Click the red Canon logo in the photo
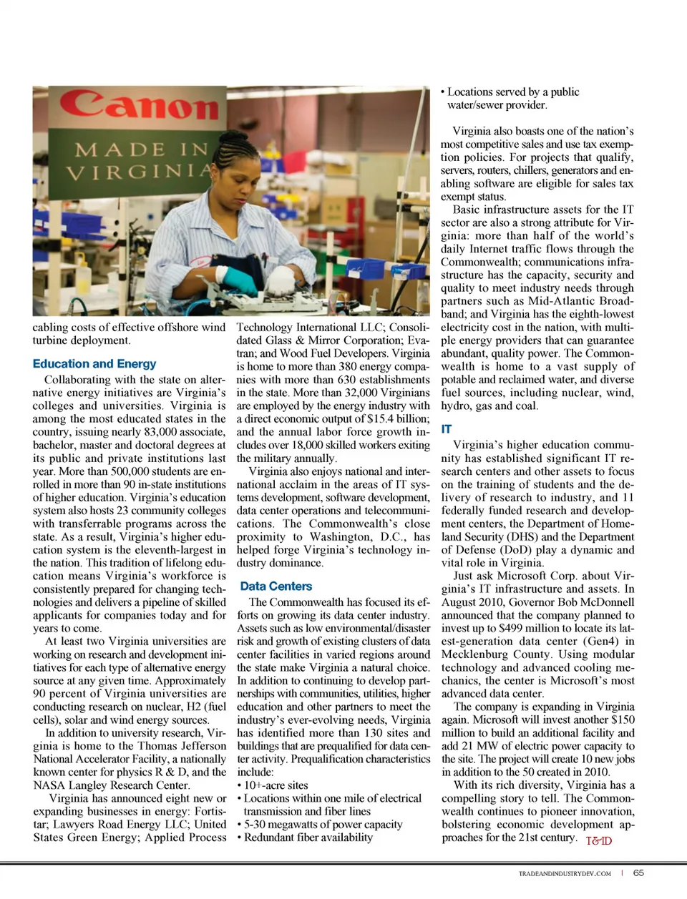click(x=139, y=105)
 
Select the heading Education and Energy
click(x=94, y=363)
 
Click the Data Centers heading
click(x=276, y=586)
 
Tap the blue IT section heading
click(x=447, y=429)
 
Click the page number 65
click(x=638, y=873)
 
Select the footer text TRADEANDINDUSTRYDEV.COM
click(x=565, y=873)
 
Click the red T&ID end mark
click(x=598, y=841)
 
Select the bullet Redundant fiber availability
click(x=308, y=837)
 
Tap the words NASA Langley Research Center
click(x=111, y=785)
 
